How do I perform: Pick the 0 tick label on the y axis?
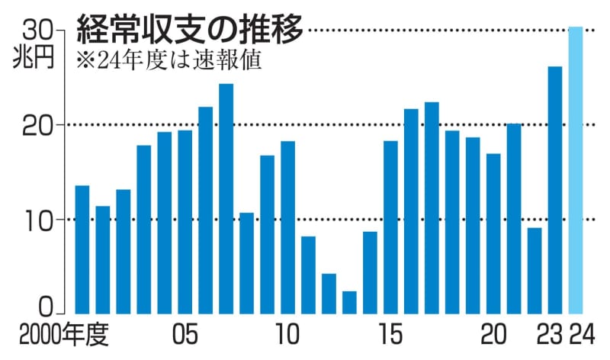click(45, 306)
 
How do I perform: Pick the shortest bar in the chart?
click(349, 301)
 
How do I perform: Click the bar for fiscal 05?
click(185, 221)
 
